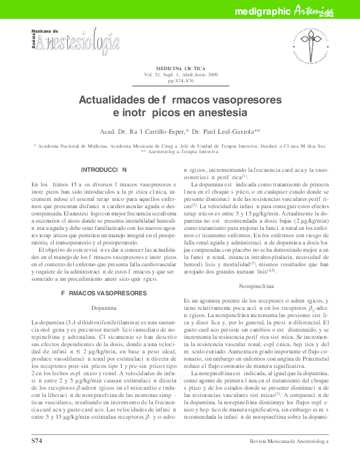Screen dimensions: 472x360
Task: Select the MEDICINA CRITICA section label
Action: [180, 69]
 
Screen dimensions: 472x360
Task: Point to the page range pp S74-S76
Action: [180, 80]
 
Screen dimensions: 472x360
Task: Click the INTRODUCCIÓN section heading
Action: [103, 170]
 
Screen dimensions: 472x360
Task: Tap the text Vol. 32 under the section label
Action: [151, 75]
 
